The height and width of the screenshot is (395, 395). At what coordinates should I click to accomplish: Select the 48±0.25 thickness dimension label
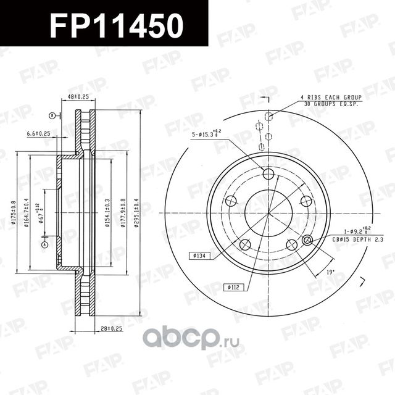click(x=78, y=96)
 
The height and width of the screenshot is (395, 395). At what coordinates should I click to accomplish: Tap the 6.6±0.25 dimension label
click(x=39, y=134)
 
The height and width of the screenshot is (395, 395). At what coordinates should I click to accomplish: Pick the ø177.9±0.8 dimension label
click(x=123, y=212)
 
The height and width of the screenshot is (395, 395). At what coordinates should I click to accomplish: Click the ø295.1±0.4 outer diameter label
click(x=136, y=212)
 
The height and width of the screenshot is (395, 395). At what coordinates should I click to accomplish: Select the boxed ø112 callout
click(x=233, y=286)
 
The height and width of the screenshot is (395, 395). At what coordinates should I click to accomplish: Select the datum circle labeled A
click(x=44, y=244)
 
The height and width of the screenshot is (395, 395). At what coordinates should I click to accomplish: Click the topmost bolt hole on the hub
click(x=267, y=174)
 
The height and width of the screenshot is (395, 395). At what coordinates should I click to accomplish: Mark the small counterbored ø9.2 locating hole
click(x=308, y=241)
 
